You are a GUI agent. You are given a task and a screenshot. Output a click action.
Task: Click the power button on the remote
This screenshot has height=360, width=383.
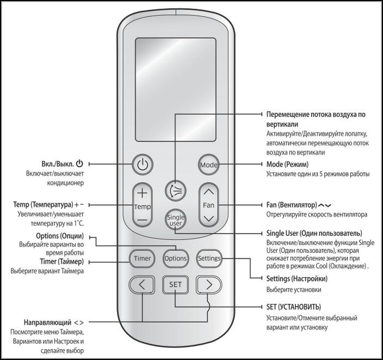[x=142, y=164]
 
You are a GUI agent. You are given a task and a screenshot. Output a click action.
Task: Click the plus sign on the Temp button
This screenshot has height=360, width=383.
[x=142, y=193]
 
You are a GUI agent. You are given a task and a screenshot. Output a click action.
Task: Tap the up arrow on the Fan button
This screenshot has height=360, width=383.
[x=208, y=192]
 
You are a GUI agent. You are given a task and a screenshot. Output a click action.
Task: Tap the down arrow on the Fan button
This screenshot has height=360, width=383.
[x=208, y=218]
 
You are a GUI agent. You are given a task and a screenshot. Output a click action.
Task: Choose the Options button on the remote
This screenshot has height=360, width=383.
[x=175, y=258]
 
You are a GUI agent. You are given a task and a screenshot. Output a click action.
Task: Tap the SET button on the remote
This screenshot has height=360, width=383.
[x=175, y=284]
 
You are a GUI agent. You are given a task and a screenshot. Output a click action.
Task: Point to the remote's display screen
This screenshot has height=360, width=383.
[x=175, y=89]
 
